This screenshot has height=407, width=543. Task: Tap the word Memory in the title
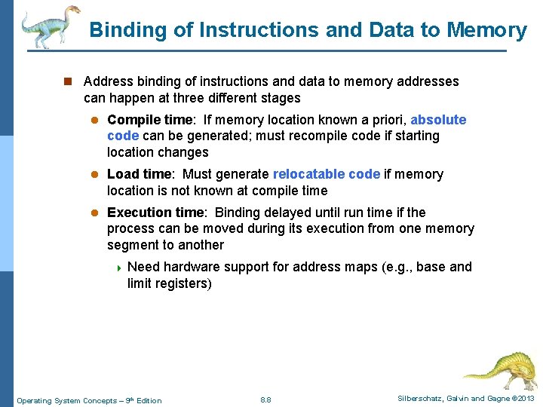[x=486, y=30]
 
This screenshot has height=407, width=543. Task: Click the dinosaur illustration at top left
[x=50, y=26]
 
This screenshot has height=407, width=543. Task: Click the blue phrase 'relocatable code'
[x=327, y=174]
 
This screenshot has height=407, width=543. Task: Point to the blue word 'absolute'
[x=438, y=120]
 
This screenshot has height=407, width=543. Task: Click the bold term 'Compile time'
[x=150, y=120]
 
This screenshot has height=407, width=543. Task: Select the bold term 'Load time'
[x=139, y=174]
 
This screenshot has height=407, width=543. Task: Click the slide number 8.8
[x=265, y=399]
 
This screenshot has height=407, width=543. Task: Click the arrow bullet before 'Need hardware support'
[x=118, y=268]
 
